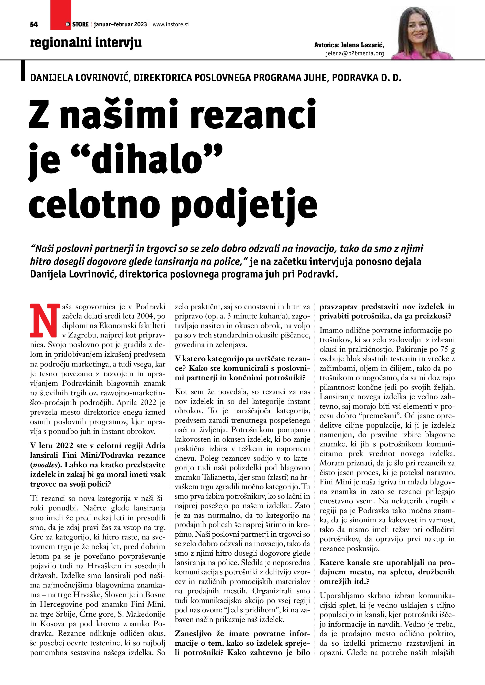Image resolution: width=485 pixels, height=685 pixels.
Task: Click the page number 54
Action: (34, 24)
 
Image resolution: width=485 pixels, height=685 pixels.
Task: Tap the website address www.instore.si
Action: (171, 24)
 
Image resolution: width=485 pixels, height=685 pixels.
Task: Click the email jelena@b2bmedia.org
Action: (355, 53)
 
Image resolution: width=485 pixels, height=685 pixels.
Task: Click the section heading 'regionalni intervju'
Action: (86, 43)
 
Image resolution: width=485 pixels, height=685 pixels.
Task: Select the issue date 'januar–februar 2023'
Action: (120, 24)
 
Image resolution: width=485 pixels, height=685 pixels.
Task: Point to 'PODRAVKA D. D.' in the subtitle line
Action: (367, 78)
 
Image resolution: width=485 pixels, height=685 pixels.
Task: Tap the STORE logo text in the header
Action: (80, 24)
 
